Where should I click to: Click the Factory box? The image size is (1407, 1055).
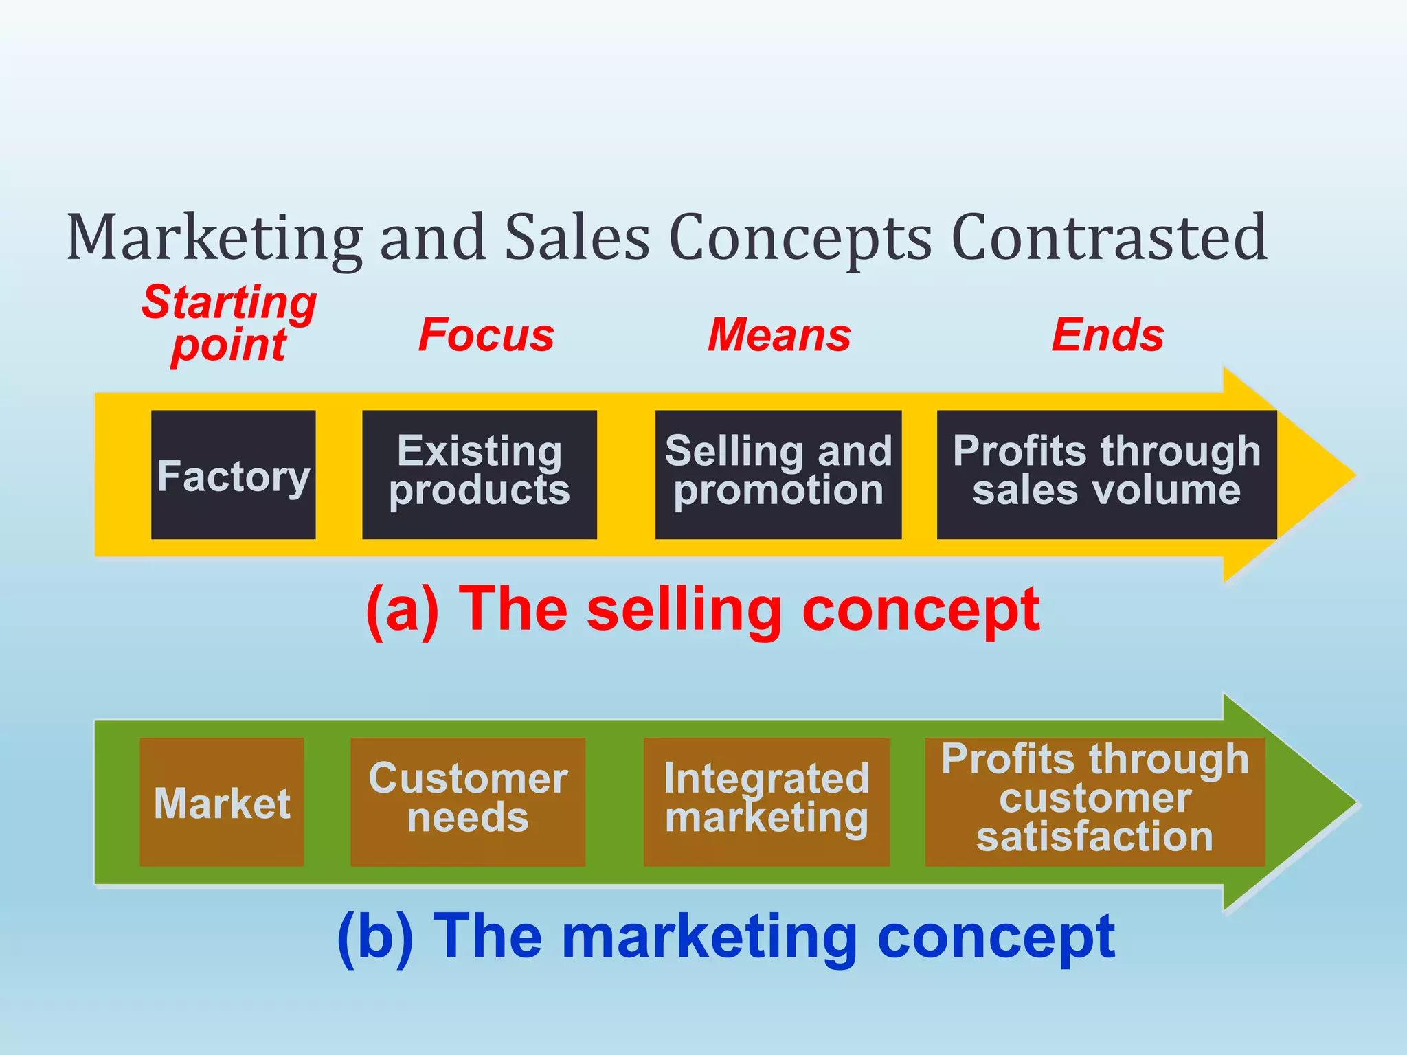click(233, 475)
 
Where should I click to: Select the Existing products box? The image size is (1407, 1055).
click(479, 475)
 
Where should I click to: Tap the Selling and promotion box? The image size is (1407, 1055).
click(778, 475)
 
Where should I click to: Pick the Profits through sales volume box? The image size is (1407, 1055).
click(1106, 475)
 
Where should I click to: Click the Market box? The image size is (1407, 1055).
click(221, 802)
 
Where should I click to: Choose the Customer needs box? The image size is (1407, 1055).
click(467, 802)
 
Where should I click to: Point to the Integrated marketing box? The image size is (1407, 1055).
click(766, 802)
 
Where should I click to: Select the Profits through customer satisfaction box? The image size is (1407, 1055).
click(1094, 802)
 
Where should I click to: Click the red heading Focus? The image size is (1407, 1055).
click(486, 335)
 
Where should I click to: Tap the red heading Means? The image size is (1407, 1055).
click(779, 335)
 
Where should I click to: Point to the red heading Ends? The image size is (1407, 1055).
click(1107, 335)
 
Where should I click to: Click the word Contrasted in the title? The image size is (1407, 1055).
click(1109, 237)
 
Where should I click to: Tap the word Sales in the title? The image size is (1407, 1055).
click(577, 237)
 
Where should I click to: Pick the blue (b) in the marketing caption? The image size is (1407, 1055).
click(375, 938)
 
